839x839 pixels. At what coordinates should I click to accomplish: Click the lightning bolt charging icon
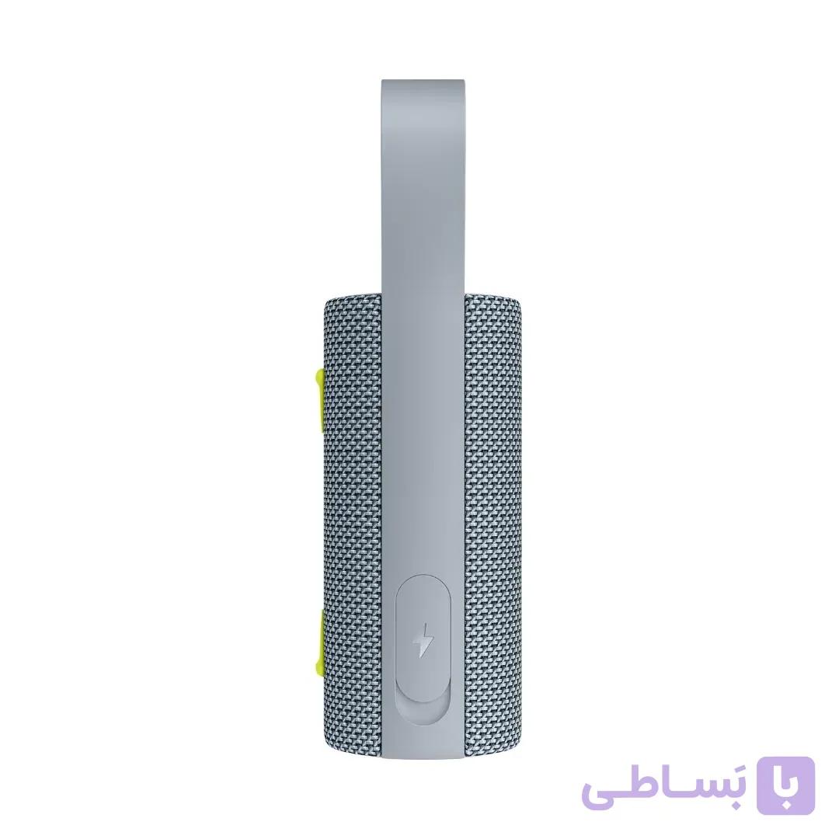click(x=423, y=639)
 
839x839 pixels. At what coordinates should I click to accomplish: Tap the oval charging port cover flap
click(x=423, y=637)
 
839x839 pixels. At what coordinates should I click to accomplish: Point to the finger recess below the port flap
click(x=423, y=712)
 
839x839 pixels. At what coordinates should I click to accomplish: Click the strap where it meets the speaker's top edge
click(x=423, y=293)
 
